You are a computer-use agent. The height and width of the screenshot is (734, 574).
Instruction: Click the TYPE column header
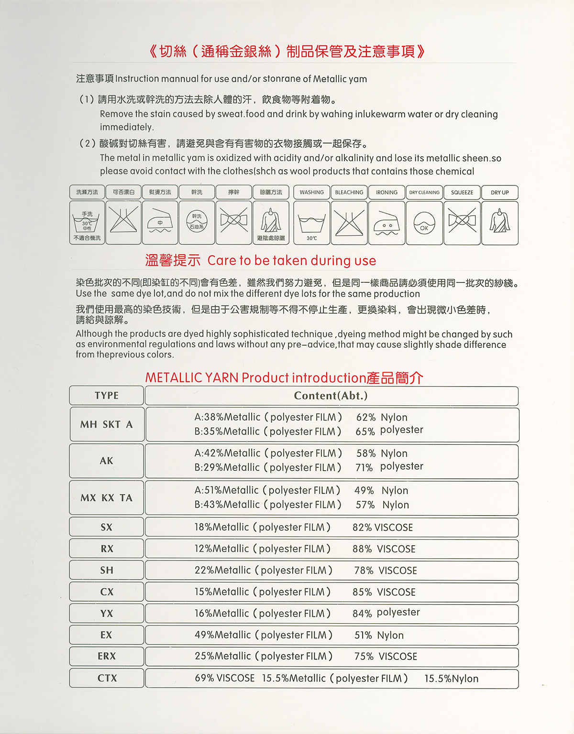click(106, 396)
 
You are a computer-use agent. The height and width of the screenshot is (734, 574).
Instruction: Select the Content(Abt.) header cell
click(331, 396)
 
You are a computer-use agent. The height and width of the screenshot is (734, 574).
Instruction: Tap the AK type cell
click(106, 461)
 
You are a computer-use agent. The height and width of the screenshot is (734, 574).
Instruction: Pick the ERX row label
click(106, 656)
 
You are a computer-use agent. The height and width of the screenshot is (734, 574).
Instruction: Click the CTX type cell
click(106, 678)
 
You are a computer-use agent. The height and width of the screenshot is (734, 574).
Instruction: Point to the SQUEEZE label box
click(462, 193)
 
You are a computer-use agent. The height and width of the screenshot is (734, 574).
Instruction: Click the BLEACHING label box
click(349, 193)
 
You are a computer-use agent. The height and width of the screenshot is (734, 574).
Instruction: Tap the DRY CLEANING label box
click(424, 193)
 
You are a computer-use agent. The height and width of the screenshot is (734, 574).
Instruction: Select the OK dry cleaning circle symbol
click(424, 224)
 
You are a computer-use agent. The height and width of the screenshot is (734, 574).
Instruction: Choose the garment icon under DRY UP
click(500, 221)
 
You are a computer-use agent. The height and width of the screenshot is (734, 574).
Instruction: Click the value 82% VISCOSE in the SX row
click(383, 528)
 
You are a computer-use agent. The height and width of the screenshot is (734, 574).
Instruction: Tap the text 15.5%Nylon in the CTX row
click(451, 679)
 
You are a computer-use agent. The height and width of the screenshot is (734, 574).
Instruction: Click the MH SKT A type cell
click(106, 424)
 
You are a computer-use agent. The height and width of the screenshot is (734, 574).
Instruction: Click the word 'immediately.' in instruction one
click(127, 127)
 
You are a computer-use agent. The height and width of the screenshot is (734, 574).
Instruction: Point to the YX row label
click(106, 614)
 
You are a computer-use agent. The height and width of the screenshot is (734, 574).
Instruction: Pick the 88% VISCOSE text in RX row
click(384, 549)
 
